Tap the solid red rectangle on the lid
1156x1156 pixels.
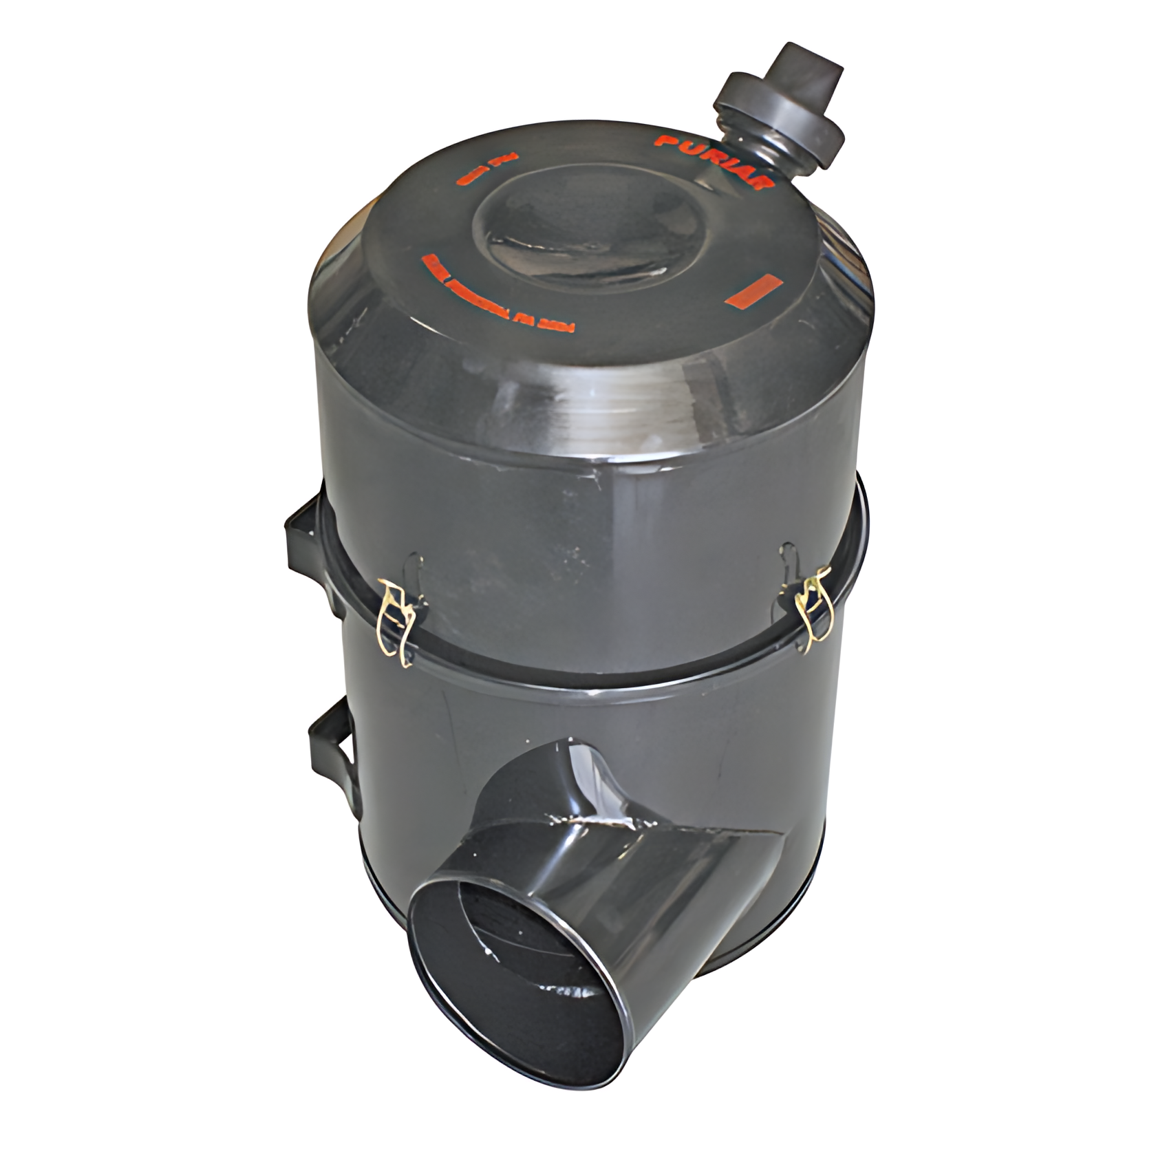[753, 290]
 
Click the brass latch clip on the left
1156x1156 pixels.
[398, 619]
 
